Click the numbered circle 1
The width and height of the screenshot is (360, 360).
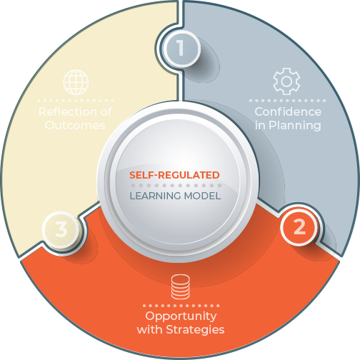point(181,49)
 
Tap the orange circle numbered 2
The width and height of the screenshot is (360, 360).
point(299,226)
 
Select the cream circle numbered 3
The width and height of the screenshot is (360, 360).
point(61,229)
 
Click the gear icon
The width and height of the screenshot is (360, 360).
point(286,81)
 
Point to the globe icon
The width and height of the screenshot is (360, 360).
point(76,82)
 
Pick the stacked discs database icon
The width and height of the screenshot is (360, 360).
point(181,286)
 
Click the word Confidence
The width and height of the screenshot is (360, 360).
point(288,111)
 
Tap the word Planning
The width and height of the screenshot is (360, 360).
point(295,126)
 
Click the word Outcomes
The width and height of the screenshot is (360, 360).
point(75,125)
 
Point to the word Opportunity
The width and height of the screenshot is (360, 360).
point(181,316)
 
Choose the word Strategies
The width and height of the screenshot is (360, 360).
point(195,330)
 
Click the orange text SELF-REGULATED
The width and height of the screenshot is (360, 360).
point(174,175)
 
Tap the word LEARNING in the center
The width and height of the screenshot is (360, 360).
point(155,196)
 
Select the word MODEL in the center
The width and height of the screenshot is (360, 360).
point(202,196)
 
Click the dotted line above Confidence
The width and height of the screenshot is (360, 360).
point(287,101)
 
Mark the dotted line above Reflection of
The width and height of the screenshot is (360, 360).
point(76,101)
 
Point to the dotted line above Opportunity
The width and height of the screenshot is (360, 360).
point(181,306)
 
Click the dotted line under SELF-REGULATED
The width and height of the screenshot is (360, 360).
point(176,186)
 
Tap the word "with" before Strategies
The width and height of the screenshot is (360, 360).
point(150,330)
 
